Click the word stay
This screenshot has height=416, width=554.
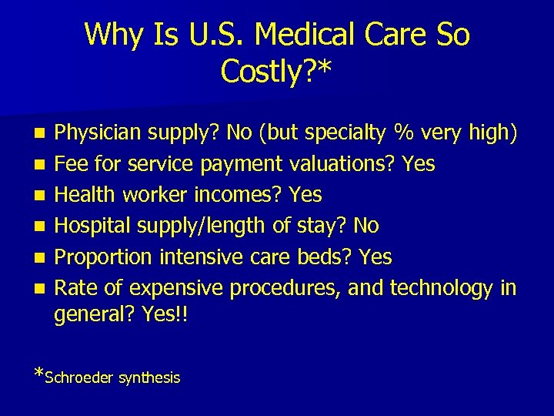(322, 225)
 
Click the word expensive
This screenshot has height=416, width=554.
(176, 287)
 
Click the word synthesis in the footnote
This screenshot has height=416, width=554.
(149, 377)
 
